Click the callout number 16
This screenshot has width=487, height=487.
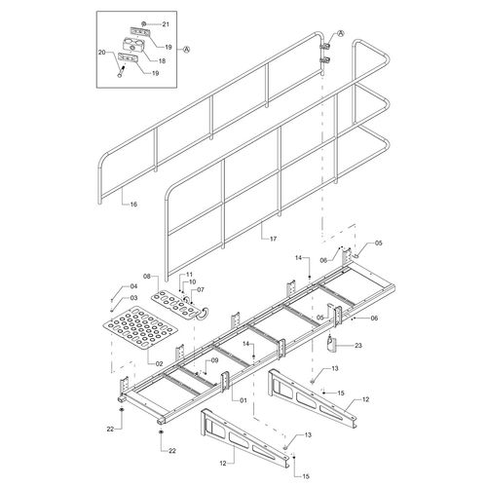133,205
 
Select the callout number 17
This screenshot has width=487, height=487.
273,239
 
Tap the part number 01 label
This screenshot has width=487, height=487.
243,400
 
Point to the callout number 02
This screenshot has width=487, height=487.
159,364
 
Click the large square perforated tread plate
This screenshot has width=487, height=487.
140,327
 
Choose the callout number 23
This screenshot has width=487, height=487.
357,346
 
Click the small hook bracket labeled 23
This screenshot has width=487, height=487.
331,345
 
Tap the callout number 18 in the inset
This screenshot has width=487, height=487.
162,60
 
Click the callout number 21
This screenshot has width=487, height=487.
166,24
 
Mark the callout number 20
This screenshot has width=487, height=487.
102,53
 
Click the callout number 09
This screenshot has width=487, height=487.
214,360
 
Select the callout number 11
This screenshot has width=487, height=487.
189,275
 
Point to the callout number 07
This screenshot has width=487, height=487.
201,289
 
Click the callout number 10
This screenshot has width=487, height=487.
192,281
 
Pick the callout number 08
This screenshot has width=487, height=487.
147,277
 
